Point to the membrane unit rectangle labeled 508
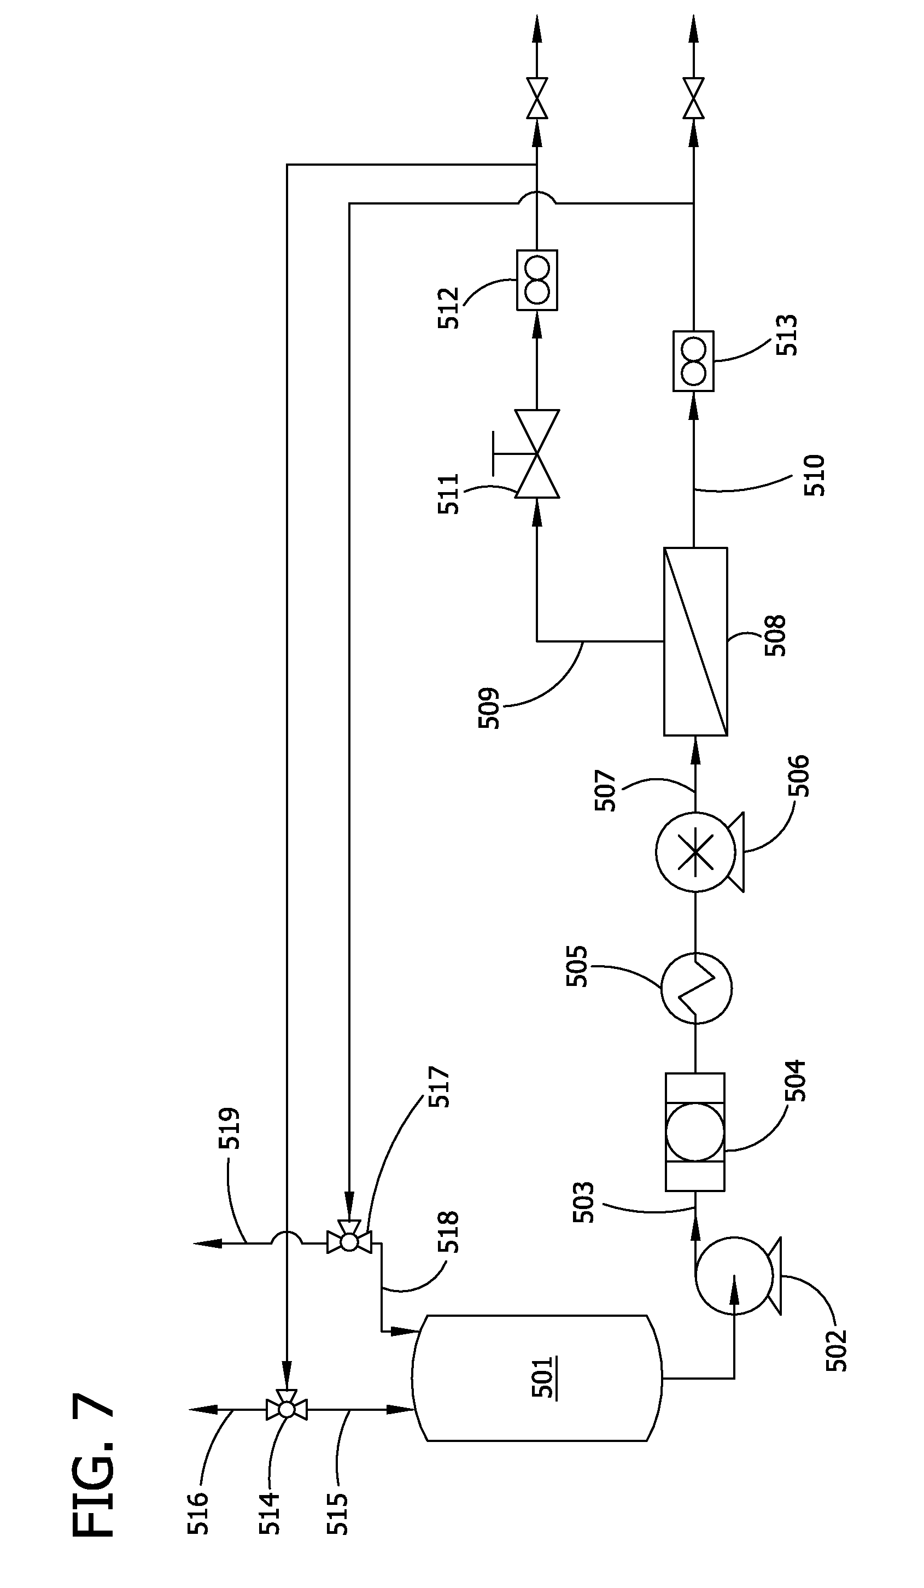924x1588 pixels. point(695,641)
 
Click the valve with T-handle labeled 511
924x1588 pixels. point(537,454)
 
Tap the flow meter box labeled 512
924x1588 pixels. point(537,280)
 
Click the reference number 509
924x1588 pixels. point(489,708)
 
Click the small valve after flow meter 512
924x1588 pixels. point(537,98)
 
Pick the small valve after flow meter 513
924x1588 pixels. point(693,98)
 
